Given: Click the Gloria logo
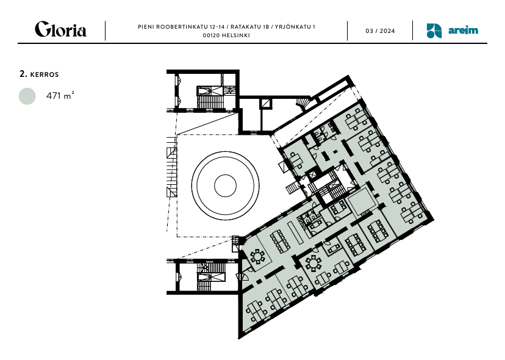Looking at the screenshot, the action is click(60, 29).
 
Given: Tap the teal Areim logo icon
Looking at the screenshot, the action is click(434, 31).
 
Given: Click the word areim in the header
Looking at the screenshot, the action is click(463, 31).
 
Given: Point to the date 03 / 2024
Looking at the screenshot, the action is click(380, 31).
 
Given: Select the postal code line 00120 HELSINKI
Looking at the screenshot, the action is click(226, 35).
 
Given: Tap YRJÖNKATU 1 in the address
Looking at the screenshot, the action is click(295, 27).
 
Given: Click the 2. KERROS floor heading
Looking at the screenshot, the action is click(39, 74).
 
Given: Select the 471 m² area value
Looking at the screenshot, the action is click(60, 95).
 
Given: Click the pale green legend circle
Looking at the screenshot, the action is click(27, 96).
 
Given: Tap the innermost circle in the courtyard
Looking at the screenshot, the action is click(226, 185).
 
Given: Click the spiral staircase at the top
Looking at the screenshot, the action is click(303, 104).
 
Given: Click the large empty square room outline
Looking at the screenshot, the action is click(362, 203).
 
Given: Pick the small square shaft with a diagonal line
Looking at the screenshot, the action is click(266, 104).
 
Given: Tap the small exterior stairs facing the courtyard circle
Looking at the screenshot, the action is click(293, 188).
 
